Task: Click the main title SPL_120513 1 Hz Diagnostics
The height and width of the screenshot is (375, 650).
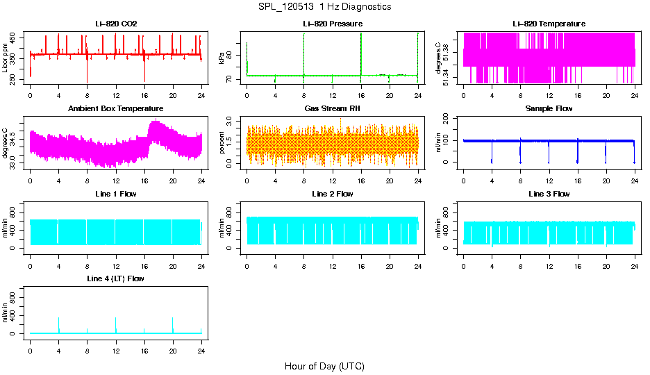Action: pyautogui.click(x=324, y=7)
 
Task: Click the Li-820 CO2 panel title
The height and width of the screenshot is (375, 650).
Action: pyautogui.click(x=116, y=24)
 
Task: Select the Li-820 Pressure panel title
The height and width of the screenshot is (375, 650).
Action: pyautogui.click(x=332, y=24)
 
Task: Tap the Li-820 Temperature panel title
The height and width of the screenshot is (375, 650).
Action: pyautogui.click(x=549, y=24)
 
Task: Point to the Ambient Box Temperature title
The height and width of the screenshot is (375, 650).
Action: pyautogui.click(x=116, y=109)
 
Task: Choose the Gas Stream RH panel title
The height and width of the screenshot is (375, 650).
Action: pyautogui.click(x=332, y=109)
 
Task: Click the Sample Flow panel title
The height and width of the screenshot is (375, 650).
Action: pyautogui.click(x=549, y=109)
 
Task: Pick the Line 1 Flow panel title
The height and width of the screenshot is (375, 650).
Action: pyautogui.click(x=116, y=194)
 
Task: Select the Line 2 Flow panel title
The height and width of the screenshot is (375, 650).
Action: pyautogui.click(x=332, y=194)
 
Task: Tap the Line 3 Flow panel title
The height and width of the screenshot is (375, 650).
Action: pyautogui.click(x=549, y=194)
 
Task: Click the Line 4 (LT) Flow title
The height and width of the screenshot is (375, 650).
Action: pyautogui.click(x=116, y=278)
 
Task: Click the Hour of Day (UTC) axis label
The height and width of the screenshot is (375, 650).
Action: pyautogui.click(x=324, y=366)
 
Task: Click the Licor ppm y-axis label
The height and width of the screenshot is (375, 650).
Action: pyautogui.click(x=6, y=58)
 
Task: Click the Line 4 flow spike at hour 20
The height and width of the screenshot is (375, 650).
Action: pyautogui.click(x=173, y=324)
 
